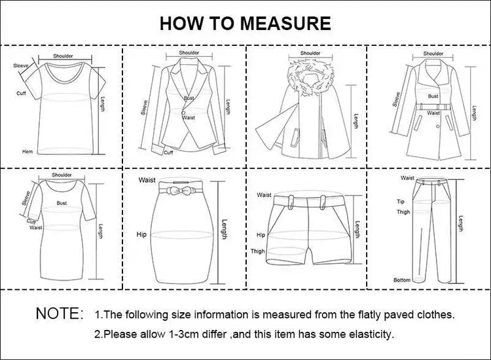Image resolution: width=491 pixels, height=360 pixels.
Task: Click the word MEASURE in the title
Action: pos(284,24)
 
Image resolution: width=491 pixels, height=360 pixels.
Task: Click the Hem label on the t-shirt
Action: pos(27,151)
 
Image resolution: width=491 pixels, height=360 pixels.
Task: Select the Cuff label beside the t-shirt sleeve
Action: pos(22,94)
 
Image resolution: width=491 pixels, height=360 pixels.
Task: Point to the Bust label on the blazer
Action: pos(189,98)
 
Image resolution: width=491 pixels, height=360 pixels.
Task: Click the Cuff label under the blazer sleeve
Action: pos(168,152)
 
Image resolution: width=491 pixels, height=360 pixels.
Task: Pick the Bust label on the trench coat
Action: pos(433,96)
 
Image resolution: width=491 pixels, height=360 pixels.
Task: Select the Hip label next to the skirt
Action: pos(141,233)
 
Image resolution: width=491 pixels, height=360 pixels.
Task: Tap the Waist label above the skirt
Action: pos(146,179)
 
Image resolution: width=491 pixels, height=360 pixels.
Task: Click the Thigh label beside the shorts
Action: pos(257,251)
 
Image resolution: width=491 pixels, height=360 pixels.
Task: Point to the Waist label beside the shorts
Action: pos(264,194)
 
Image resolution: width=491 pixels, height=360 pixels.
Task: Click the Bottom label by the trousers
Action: pos(402,279)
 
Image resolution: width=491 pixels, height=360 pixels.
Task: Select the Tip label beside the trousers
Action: pos(401,202)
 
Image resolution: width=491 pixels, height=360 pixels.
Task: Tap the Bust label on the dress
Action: pos(62,203)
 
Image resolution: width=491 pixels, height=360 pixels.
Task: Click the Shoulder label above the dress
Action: pos(62,175)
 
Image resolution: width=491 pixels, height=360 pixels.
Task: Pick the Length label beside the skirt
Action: pos(224,233)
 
